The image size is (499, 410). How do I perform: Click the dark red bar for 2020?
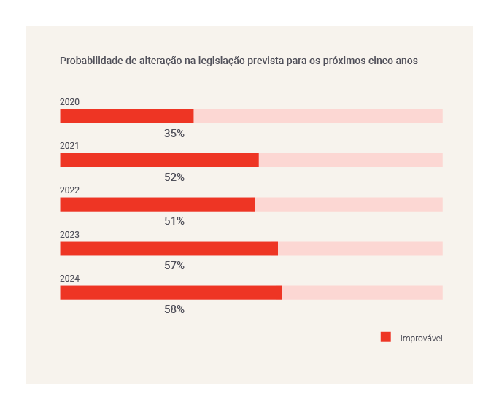point(126,116)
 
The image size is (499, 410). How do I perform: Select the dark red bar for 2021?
point(159,160)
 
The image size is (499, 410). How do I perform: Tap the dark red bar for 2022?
point(157,204)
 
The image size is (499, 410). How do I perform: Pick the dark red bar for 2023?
point(169,249)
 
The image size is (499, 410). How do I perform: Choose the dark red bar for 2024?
point(171,293)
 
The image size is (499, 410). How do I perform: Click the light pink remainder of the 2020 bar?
point(318,116)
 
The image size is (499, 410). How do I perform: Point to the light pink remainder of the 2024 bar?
point(362,293)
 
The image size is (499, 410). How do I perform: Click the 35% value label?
point(174,134)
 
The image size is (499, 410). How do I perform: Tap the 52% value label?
point(174,177)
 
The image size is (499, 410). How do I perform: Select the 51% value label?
point(174,221)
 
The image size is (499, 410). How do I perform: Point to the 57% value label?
point(174,266)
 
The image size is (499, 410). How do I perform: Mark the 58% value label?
point(174,309)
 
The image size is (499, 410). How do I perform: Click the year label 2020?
point(69,102)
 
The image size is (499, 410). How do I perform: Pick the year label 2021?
point(69,146)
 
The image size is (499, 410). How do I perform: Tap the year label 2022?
point(69,190)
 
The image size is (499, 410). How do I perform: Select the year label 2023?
point(69,235)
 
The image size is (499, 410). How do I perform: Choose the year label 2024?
point(69,279)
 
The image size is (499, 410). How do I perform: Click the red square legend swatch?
point(386,337)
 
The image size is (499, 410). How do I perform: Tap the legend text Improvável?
point(422,339)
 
